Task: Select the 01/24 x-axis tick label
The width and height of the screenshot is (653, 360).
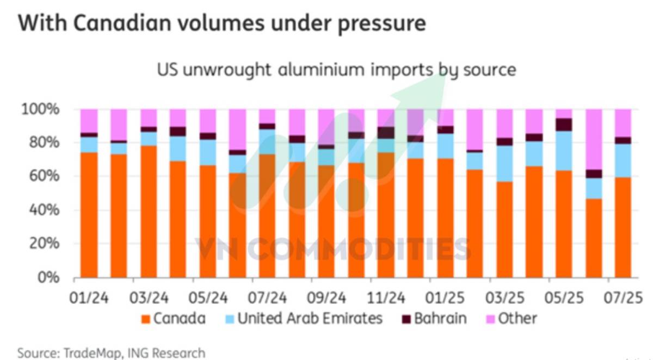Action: pyautogui.click(x=88, y=298)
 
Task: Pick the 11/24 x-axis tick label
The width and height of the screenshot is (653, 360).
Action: pyautogui.click(x=385, y=298)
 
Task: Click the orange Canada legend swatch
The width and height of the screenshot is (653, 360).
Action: pyautogui.click(x=145, y=319)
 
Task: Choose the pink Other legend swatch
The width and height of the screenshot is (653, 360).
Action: pyautogui.click(x=489, y=319)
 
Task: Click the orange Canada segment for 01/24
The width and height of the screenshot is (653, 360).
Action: pyautogui.click(x=89, y=215)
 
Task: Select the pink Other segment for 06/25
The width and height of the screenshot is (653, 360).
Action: pyautogui.click(x=594, y=139)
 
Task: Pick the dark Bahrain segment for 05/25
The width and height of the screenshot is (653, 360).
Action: pyautogui.click(x=564, y=125)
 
